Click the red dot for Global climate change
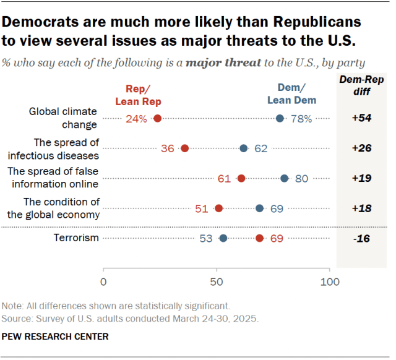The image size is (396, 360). tap(157, 119)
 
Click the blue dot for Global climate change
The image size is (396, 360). tap(280, 119)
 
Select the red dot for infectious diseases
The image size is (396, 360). tap(184, 148)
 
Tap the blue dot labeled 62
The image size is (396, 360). tap(244, 148)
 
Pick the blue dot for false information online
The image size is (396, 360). tap(285, 178)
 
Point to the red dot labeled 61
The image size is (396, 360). tap(241, 178)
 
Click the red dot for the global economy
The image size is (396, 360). tap(218, 208)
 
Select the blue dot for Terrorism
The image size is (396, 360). tap(223, 238)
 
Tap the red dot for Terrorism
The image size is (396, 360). tap(259, 238)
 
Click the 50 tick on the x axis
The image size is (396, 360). tap(217, 282)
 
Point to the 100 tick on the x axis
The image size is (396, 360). tap(330, 282)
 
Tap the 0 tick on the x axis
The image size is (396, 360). tap(103, 282)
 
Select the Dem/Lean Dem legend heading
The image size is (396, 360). tap(291, 93)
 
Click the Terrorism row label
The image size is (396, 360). tap(76, 238)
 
